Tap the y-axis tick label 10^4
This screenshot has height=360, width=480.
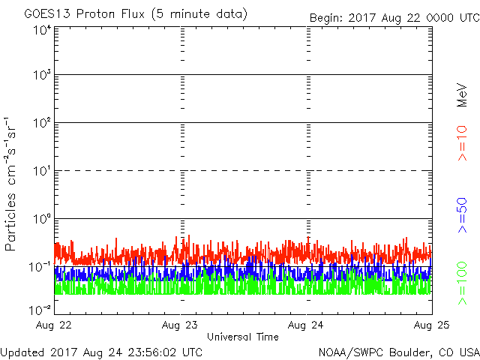point(42,31)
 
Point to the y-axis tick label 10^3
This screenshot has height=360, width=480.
point(42,76)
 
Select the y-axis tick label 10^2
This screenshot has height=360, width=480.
point(42,123)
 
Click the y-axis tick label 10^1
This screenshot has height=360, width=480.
point(42,171)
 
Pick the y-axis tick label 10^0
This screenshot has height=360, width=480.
point(42,219)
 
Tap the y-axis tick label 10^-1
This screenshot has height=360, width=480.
point(40,266)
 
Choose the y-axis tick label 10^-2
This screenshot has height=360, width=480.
point(40,308)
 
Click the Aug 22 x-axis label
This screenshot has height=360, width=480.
point(55,325)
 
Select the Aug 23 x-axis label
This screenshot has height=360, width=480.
point(181,325)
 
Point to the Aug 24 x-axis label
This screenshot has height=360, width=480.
point(306,325)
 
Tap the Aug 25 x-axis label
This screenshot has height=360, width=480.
point(431,325)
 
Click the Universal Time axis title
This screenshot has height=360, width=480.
point(243,337)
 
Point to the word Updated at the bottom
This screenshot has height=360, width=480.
point(23,351)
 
